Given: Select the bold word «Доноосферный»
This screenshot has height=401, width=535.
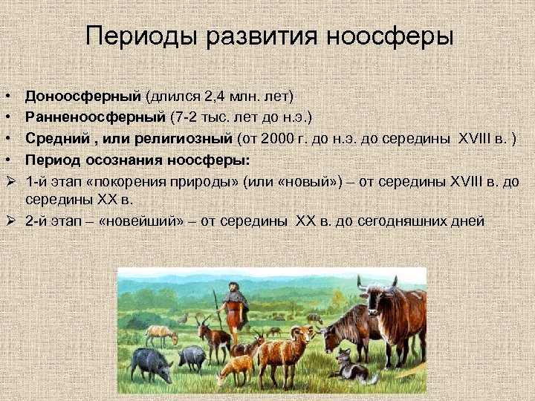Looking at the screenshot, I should click(x=82, y=96).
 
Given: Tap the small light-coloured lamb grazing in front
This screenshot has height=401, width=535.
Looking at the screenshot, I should click(x=238, y=367).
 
